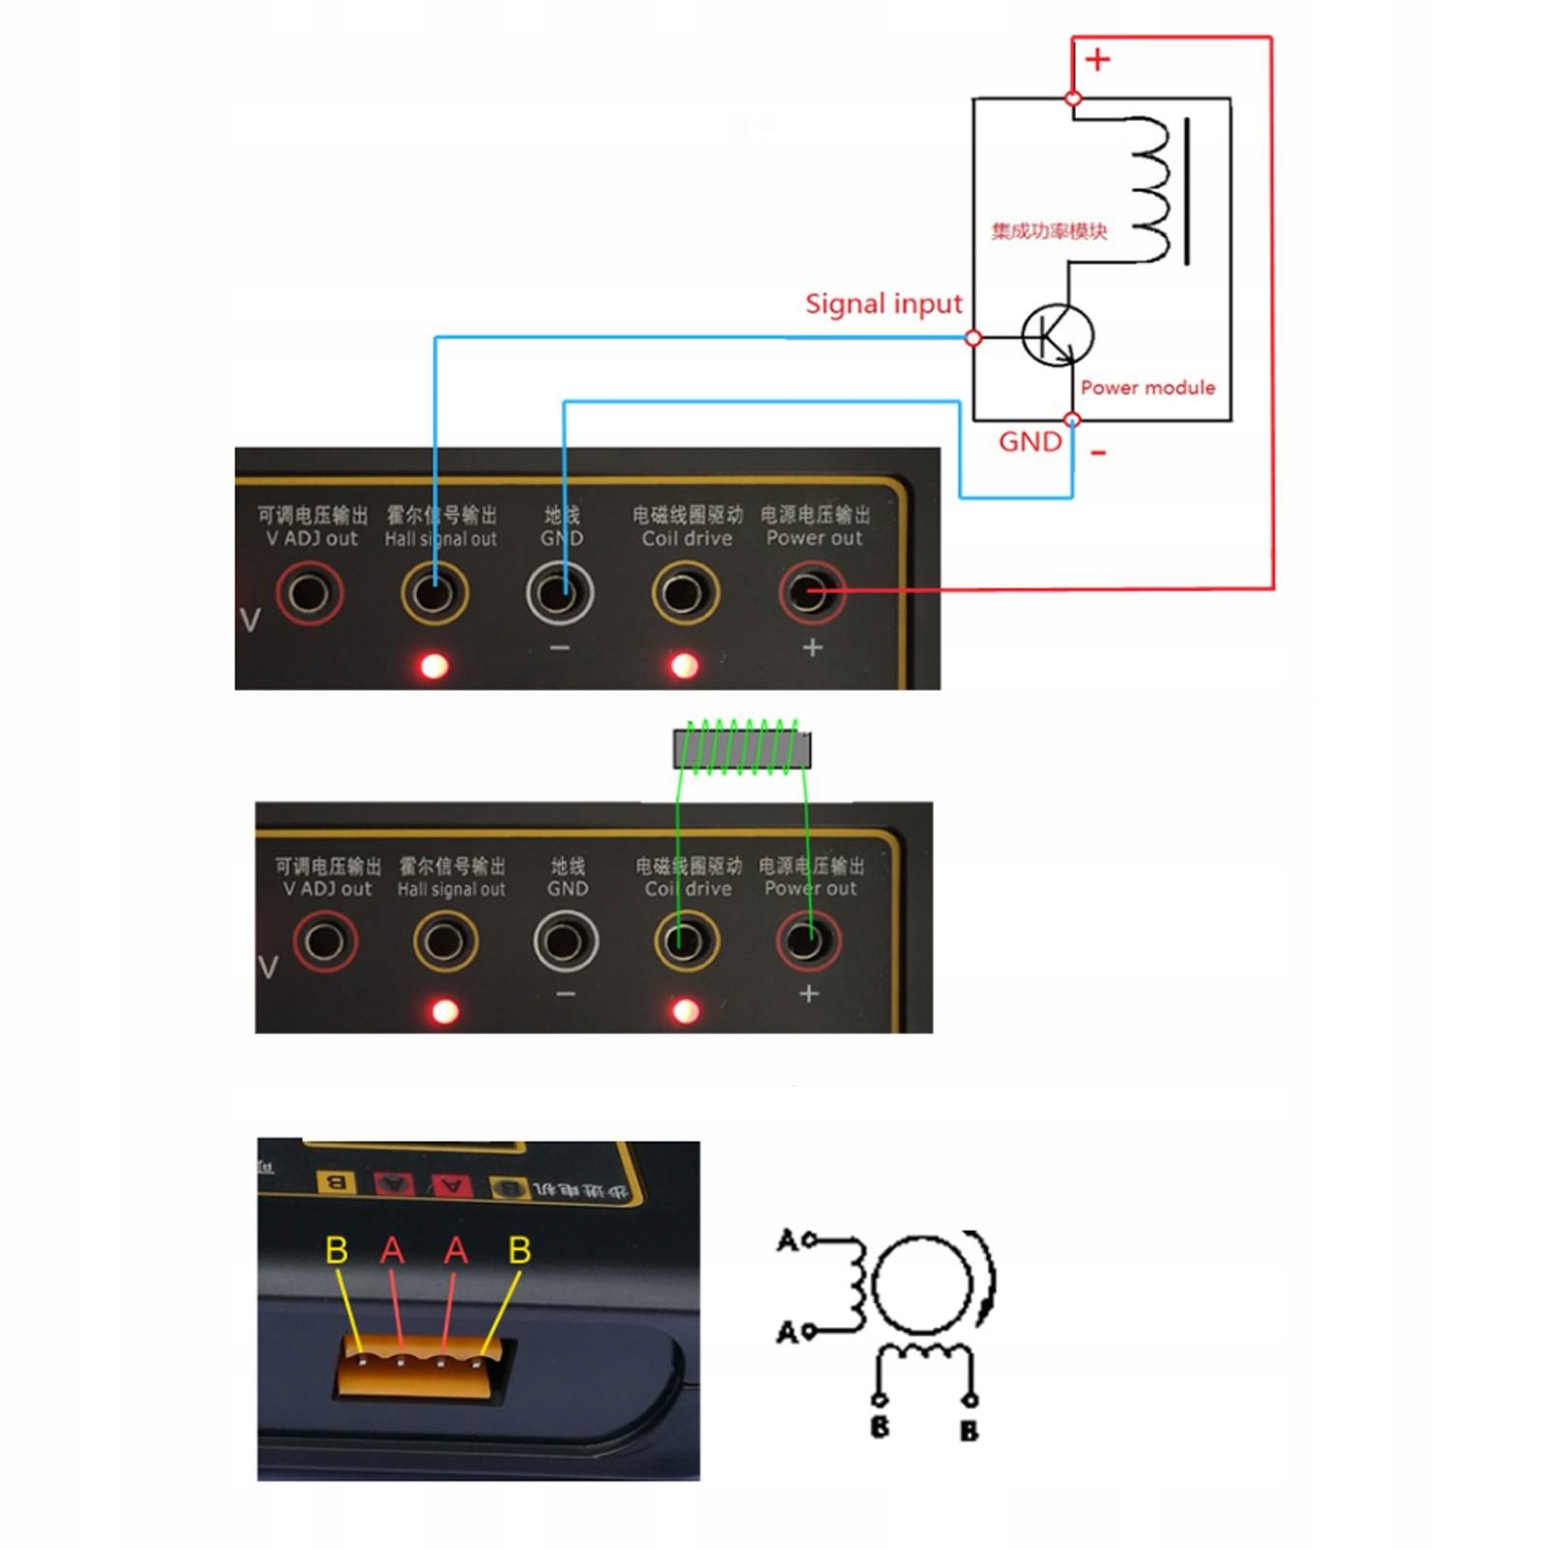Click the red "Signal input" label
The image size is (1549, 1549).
pyautogui.click(x=883, y=304)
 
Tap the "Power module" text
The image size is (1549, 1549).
pyautogui.click(x=1147, y=387)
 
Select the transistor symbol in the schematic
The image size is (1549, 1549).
pyautogui.click(x=1057, y=336)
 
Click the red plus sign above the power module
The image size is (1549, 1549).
pyautogui.click(x=1097, y=60)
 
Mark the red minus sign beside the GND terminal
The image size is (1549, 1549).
pyautogui.click(x=1098, y=453)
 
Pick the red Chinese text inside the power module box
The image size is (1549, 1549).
pyautogui.click(x=1049, y=231)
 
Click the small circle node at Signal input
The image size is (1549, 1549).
pyautogui.click(x=974, y=338)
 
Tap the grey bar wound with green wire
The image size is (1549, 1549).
pyautogui.click(x=742, y=750)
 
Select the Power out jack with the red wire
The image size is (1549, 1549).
pyautogui.click(x=811, y=592)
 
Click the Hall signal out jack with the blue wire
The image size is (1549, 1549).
pyautogui.click(x=434, y=592)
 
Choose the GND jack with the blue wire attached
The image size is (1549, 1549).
pyautogui.click(x=560, y=592)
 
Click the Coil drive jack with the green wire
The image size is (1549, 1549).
pyautogui.click(x=685, y=940)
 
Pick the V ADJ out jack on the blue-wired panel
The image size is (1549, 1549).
pyautogui.click(x=310, y=592)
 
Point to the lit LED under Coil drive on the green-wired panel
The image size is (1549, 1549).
pyautogui.click(x=685, y=1012)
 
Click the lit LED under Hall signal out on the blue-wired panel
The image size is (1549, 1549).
pyautogui.click(x=433, y=666)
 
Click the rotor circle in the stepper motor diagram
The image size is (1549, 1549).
pyautogui.click(x=922, y=1284)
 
